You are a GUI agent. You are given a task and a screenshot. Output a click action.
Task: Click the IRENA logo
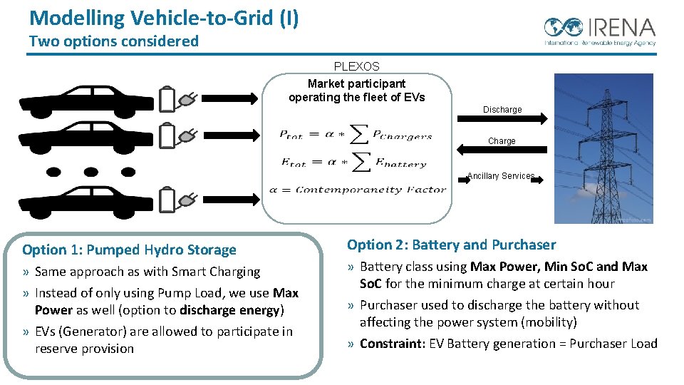pos(599,31)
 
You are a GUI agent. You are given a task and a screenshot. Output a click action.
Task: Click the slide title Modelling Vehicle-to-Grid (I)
pos(164,17)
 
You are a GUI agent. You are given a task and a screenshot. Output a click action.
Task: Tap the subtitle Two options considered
pos(114,41)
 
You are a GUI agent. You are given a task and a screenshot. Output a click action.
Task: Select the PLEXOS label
pos(356,66)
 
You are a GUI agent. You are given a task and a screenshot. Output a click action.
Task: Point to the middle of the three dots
pos(90,171)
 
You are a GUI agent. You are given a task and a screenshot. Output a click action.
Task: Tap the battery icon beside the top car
pos(167,99)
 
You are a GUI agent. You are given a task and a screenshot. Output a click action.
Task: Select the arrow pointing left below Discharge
pos(502,150)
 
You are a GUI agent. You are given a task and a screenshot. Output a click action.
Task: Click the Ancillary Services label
pos(500,176)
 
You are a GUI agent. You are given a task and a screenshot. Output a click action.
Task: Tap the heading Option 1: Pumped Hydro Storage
pos(129,250)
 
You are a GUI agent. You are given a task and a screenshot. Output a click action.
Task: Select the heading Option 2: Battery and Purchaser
pos(451,245)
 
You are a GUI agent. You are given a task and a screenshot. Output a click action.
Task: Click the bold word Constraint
pos(390,344)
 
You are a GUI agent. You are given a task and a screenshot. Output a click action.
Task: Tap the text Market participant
pos(356,83)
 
